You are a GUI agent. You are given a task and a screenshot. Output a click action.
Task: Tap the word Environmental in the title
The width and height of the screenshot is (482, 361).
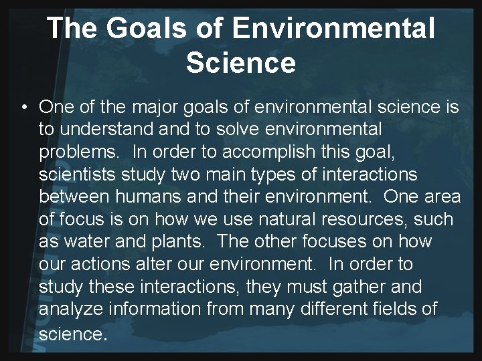point(333,29)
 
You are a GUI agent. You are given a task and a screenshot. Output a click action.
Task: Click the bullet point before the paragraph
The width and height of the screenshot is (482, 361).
point(23,108)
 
